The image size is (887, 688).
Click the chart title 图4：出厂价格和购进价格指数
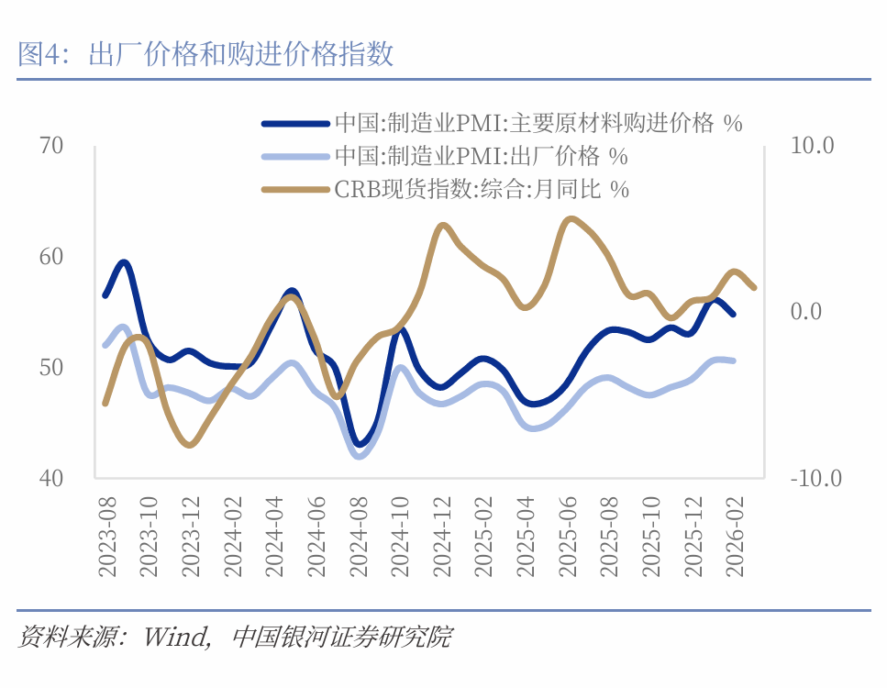click(205, 54)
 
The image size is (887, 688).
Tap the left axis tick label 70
click(51, 145)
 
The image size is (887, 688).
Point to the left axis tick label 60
click(51, 256)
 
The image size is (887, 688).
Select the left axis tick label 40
click(51, 477)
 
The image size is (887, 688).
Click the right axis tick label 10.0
click(812, 145)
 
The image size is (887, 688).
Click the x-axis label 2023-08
click(108, 538)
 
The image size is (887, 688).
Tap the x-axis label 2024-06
click(317, 538)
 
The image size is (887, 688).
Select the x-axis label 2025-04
click(526, 538)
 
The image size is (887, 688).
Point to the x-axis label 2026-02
click(734, 538)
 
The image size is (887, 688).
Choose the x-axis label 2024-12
click(442, 538)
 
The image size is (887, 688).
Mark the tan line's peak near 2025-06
click(571, 218)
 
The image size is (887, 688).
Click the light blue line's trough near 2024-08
click(359, 455)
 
